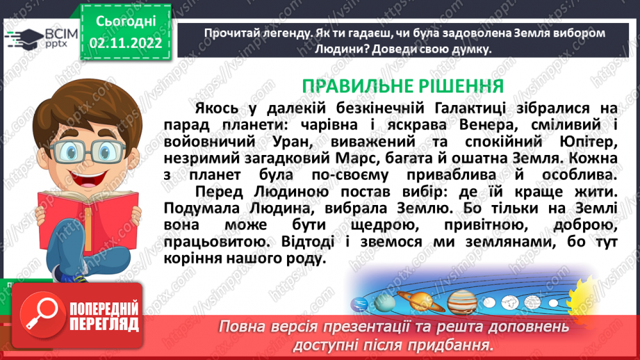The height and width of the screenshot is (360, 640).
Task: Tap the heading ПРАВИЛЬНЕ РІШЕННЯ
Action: point(402,86)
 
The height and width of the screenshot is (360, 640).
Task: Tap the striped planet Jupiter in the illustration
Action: point(461,302)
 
